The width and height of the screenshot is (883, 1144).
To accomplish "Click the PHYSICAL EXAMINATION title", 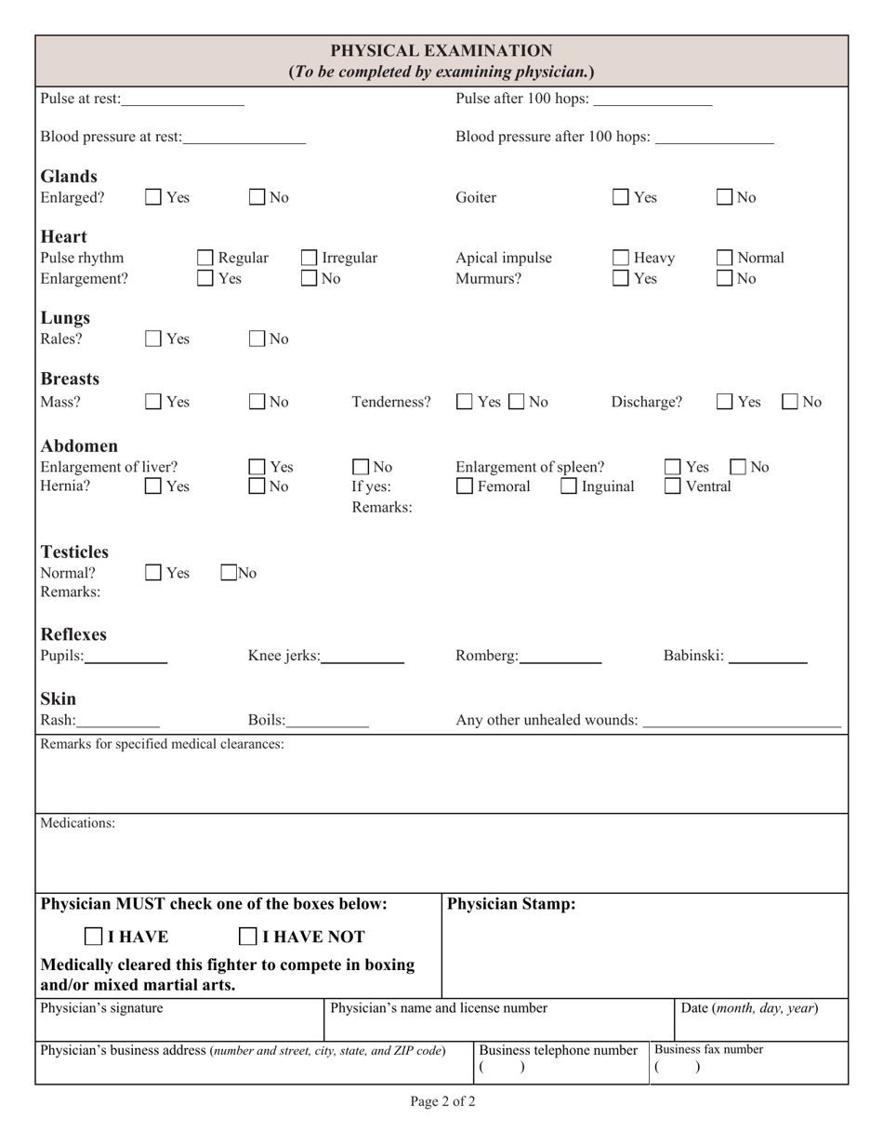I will (441, 50).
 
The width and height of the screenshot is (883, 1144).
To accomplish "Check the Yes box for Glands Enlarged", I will (154, 197).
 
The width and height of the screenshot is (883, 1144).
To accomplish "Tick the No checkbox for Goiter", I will (726, 197).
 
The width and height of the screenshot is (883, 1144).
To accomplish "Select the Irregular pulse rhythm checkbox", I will (310, 258).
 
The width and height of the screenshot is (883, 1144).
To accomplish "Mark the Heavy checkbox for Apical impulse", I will (621, 258).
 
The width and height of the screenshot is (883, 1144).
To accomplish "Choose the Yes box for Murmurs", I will (621, 278).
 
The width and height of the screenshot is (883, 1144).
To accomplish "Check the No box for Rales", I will (258, 339).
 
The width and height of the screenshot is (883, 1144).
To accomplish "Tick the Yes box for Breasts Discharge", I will (726, 402).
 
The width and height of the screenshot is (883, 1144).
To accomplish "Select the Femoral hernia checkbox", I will (465, 486).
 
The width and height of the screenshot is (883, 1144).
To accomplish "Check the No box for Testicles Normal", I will (229, 573).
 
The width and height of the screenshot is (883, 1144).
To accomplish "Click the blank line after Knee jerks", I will (362, 656).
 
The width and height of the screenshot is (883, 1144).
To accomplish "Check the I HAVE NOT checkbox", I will (249, 937).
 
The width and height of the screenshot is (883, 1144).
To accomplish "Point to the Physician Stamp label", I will (512, 904).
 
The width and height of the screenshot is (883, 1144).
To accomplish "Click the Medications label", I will (78, 823).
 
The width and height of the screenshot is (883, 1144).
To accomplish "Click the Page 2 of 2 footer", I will (442, 1102).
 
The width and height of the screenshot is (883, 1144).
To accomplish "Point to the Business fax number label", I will (709, 1049).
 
